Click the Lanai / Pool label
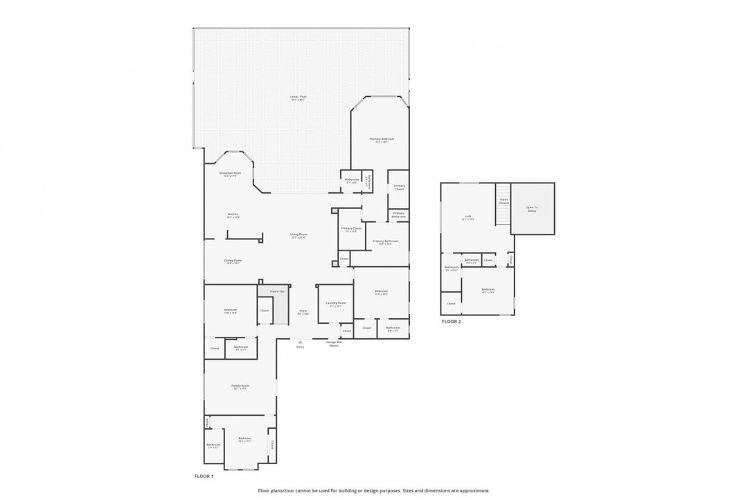pyautogui.click(x=299, y=98)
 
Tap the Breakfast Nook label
pyautogui.click(x=230, y=174)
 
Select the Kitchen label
pyautogui.click(x=233, y=216)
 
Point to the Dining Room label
pyautogui.click(x=232, y=261)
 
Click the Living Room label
pyautogui.click(x=299, y=236)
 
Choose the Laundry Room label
pyautogui.click(x=336, y=304)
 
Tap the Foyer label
pyautogui.click(x=303, y=312)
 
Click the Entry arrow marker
pyautogui.click(x=300, y=341)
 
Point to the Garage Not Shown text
pyautogui.click(x=333, y=344)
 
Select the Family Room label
pyautogui.click(x=240, y=387)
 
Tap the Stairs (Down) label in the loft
pyautogui.click(x=504, y=201)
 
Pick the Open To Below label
pyautogui.click(x=532, y=209)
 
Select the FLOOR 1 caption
pyautogui.click(x=204, y=476)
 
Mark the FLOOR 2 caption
pyautogui.click(x=451, y=322)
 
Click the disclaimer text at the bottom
pyautogui.click(x=373, y=490)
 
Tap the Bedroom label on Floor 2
pyautogui.click(x=488, y=290)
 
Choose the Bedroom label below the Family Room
pyautogui.click(x=244, y=439)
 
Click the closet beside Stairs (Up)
pyautogui.click(x=265, y=311)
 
